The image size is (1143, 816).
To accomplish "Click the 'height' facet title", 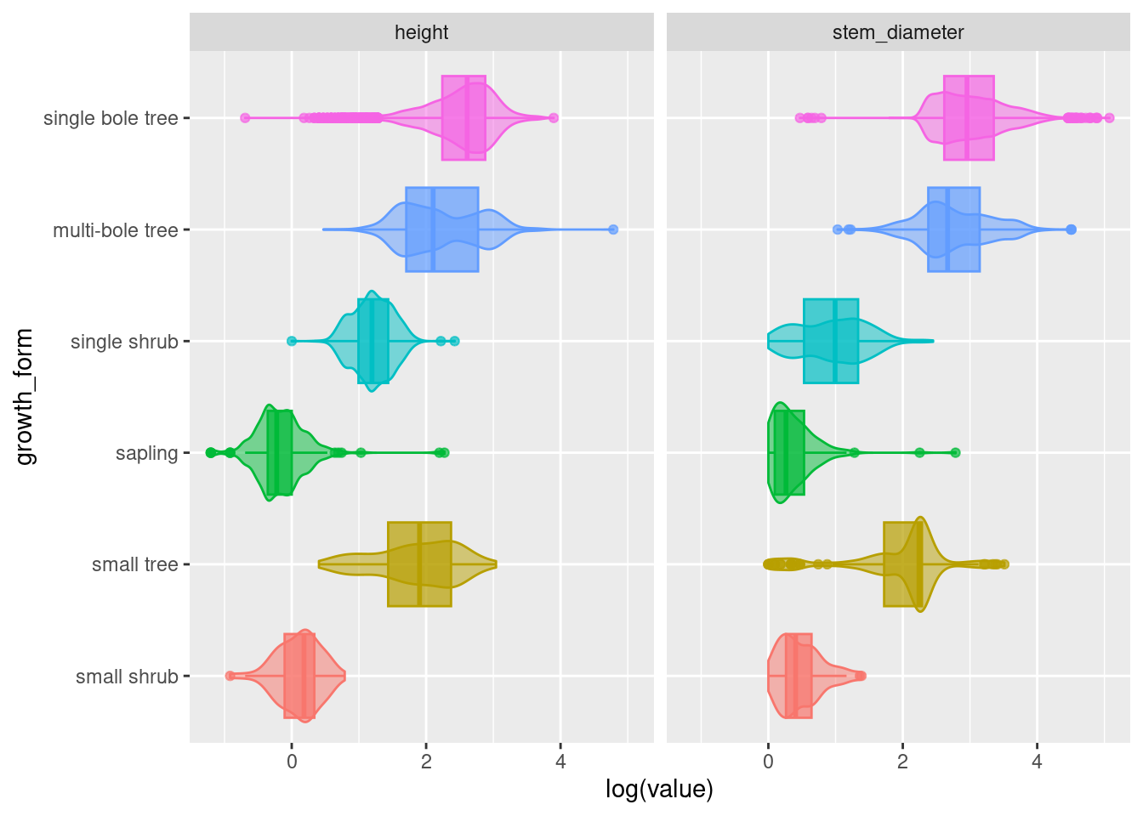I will [x=421, y=32].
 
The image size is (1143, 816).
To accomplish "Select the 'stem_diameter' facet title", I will [x=898, y=32].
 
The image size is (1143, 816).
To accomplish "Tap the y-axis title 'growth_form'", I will [x=26, y=397].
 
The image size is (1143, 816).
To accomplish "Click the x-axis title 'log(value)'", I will [x=659, y=790].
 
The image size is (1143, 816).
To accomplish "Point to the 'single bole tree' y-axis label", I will [x=111, y=118].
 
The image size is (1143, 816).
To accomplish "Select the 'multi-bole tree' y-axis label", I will [x=115, y=230].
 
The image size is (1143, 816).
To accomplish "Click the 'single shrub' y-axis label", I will [x=124, y=342].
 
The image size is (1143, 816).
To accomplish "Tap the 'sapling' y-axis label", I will [x=146, y=453].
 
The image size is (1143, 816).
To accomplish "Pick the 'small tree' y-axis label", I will [x=134, y=564].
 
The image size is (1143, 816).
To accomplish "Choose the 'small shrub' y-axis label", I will [x=127, y=677].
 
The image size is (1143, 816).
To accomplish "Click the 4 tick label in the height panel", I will [x=560, y=762].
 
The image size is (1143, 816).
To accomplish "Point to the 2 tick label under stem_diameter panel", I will [x=902, y=762].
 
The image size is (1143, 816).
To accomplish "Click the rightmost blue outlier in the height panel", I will [x=613, y=229].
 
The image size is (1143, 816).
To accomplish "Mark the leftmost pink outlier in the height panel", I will [x=245, y=117].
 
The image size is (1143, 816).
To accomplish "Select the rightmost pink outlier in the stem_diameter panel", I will [x=1109, y=117].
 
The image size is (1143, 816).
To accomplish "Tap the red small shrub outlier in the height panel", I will [x=230, y=676].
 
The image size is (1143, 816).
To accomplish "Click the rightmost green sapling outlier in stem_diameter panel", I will [x=955, y=452].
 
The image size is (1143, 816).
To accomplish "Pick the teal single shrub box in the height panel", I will [x=373, y=341].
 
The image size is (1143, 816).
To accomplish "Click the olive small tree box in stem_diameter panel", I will [x=902, y=564].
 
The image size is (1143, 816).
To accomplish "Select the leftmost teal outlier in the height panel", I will [x=292, y=341].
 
